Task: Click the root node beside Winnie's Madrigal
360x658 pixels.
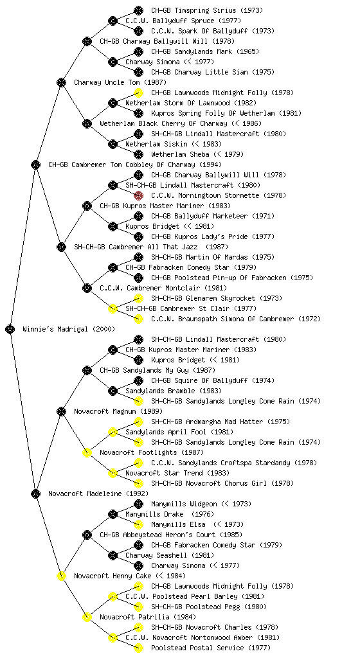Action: pos(10,329)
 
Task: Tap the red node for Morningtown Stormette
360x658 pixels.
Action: pos(138,195)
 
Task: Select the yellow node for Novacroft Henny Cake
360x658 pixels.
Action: pos(61,576)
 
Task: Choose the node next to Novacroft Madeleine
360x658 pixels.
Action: pos(35,493)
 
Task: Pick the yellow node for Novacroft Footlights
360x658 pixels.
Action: pos(87,452)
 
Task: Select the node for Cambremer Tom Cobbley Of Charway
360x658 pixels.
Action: pos(35,164)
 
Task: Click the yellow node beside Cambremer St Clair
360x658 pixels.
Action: pos(113,308)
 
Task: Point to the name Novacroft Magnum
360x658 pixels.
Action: pos(105,411)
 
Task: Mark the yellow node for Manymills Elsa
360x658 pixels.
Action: pos(138,524)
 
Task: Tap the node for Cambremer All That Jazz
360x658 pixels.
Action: pos(61,247)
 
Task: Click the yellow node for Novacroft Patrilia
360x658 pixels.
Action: pos(87,617)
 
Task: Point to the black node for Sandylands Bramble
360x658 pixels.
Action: pos(113,391)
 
